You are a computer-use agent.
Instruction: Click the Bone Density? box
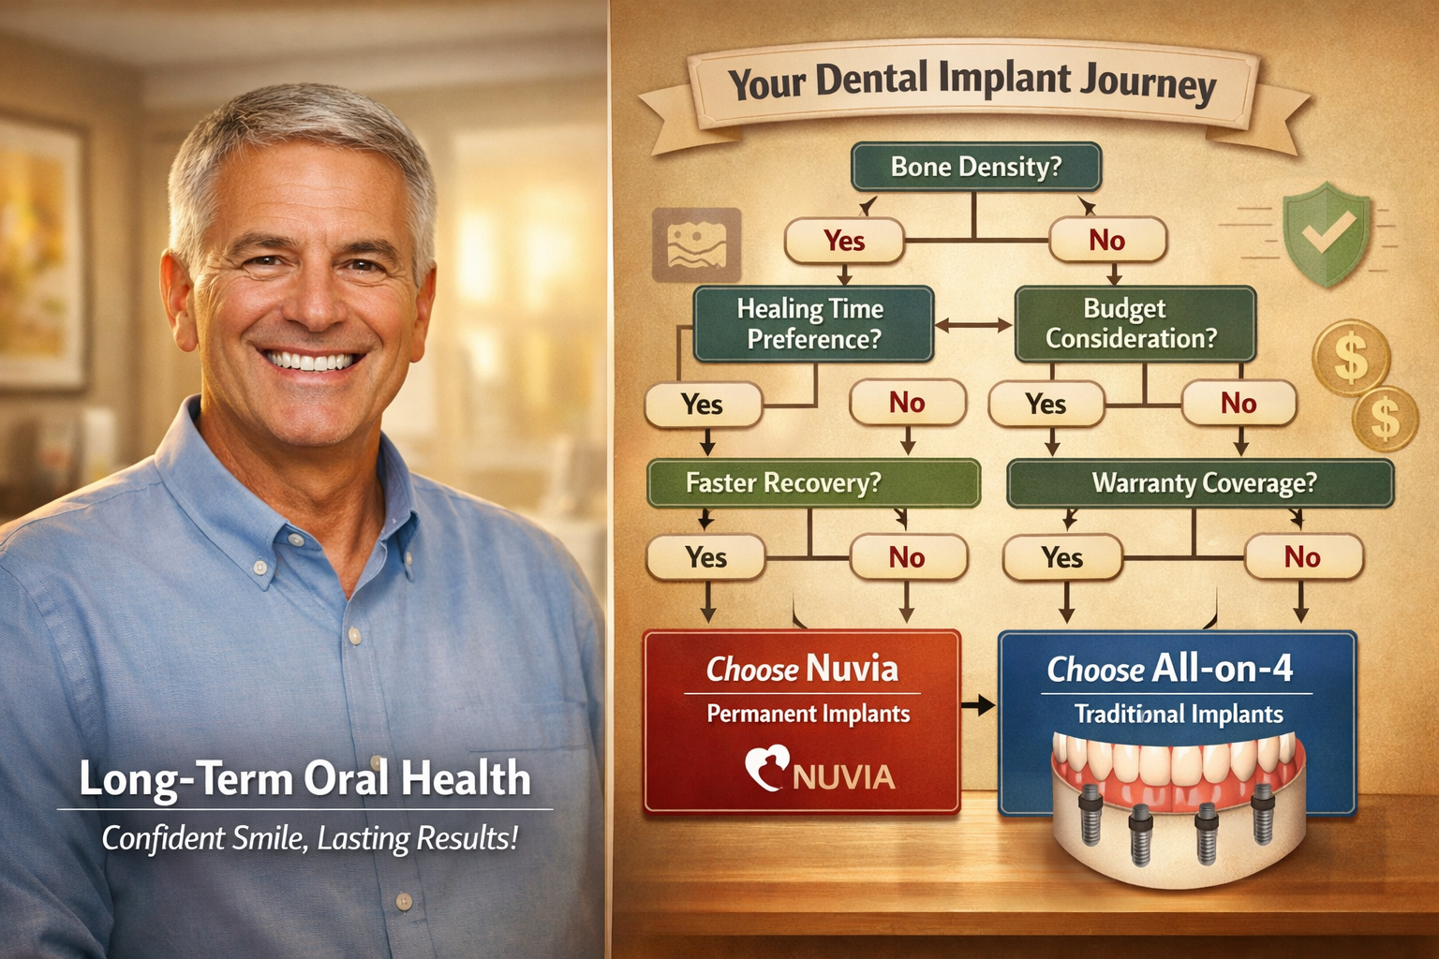pos(975,167)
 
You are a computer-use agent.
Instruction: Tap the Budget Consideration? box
pos(1134,324)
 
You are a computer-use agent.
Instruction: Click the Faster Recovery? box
pos(813,483)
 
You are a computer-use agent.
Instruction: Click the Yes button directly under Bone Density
pos(844,241)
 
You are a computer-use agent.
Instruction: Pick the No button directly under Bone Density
pos(1107,241)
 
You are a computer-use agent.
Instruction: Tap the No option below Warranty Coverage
pos(1302,557)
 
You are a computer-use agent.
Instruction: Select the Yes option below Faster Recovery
pos(705,557)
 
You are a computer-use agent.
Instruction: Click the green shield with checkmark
pos(1325,233)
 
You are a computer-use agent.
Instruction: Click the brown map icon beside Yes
pos(696,245)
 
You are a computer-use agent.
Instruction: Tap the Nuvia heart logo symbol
pos(766,767)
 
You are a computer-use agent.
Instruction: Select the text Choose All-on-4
pos(1170,669)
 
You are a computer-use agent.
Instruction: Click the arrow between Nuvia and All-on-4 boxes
pos(978,705)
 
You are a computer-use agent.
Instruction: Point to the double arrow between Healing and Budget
pos(973,326)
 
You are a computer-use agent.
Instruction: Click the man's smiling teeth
pos(312,361)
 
